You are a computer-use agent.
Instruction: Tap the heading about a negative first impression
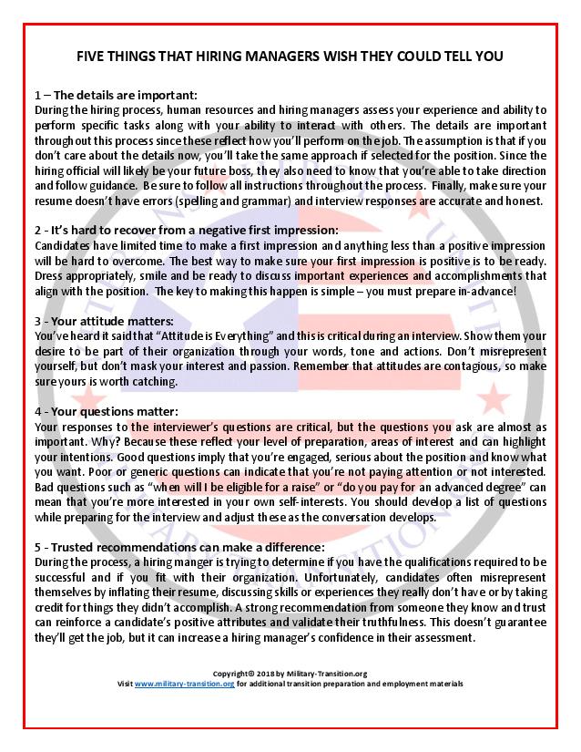tap(192, 229)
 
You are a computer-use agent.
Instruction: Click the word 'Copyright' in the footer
tap(229, 674)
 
